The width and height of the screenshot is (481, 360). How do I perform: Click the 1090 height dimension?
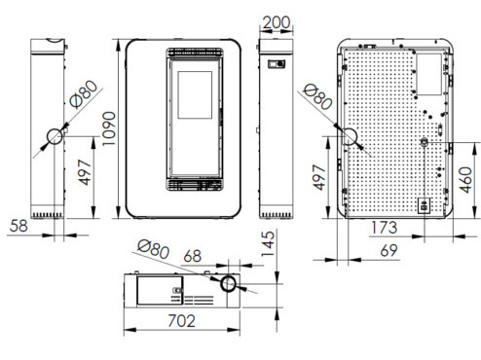click(x=108, y=128)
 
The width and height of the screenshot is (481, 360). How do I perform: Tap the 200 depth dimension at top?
click(x=277, y=23)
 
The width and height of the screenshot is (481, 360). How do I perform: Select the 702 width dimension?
click(x=182, y=321)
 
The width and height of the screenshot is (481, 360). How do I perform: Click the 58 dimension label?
click(x=18, y=226)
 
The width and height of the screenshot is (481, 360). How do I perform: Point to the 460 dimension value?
click(x=465, y=180)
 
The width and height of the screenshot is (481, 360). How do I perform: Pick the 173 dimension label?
click(x=384, y=228)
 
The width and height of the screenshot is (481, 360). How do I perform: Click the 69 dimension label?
click(x=388, y=250)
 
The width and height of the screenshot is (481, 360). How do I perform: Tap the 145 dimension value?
click(x=268, y=243)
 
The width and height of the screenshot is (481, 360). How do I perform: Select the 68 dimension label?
click(x=193, y=256)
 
